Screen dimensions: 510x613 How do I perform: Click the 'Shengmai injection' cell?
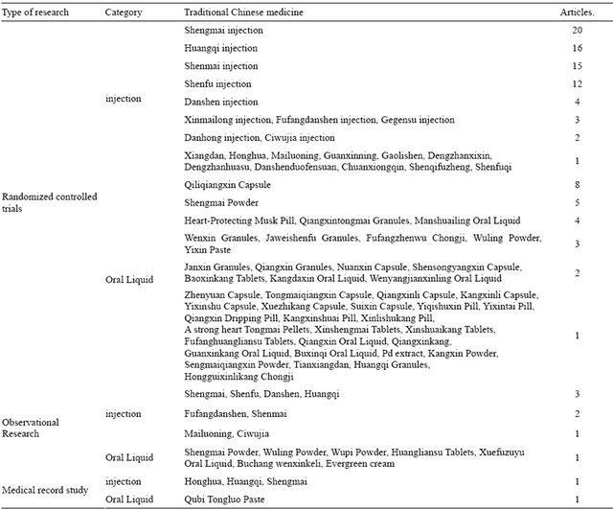[223, 31]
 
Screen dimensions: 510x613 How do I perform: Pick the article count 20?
[578, 31]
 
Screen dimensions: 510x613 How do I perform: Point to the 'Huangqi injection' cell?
[221, 49]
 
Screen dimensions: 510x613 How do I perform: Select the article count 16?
[578, 49]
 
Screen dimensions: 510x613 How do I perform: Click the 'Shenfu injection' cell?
[219, 84]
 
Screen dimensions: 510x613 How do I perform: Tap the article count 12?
[578, 84]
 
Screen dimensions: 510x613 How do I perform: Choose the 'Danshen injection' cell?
[221, 102]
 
